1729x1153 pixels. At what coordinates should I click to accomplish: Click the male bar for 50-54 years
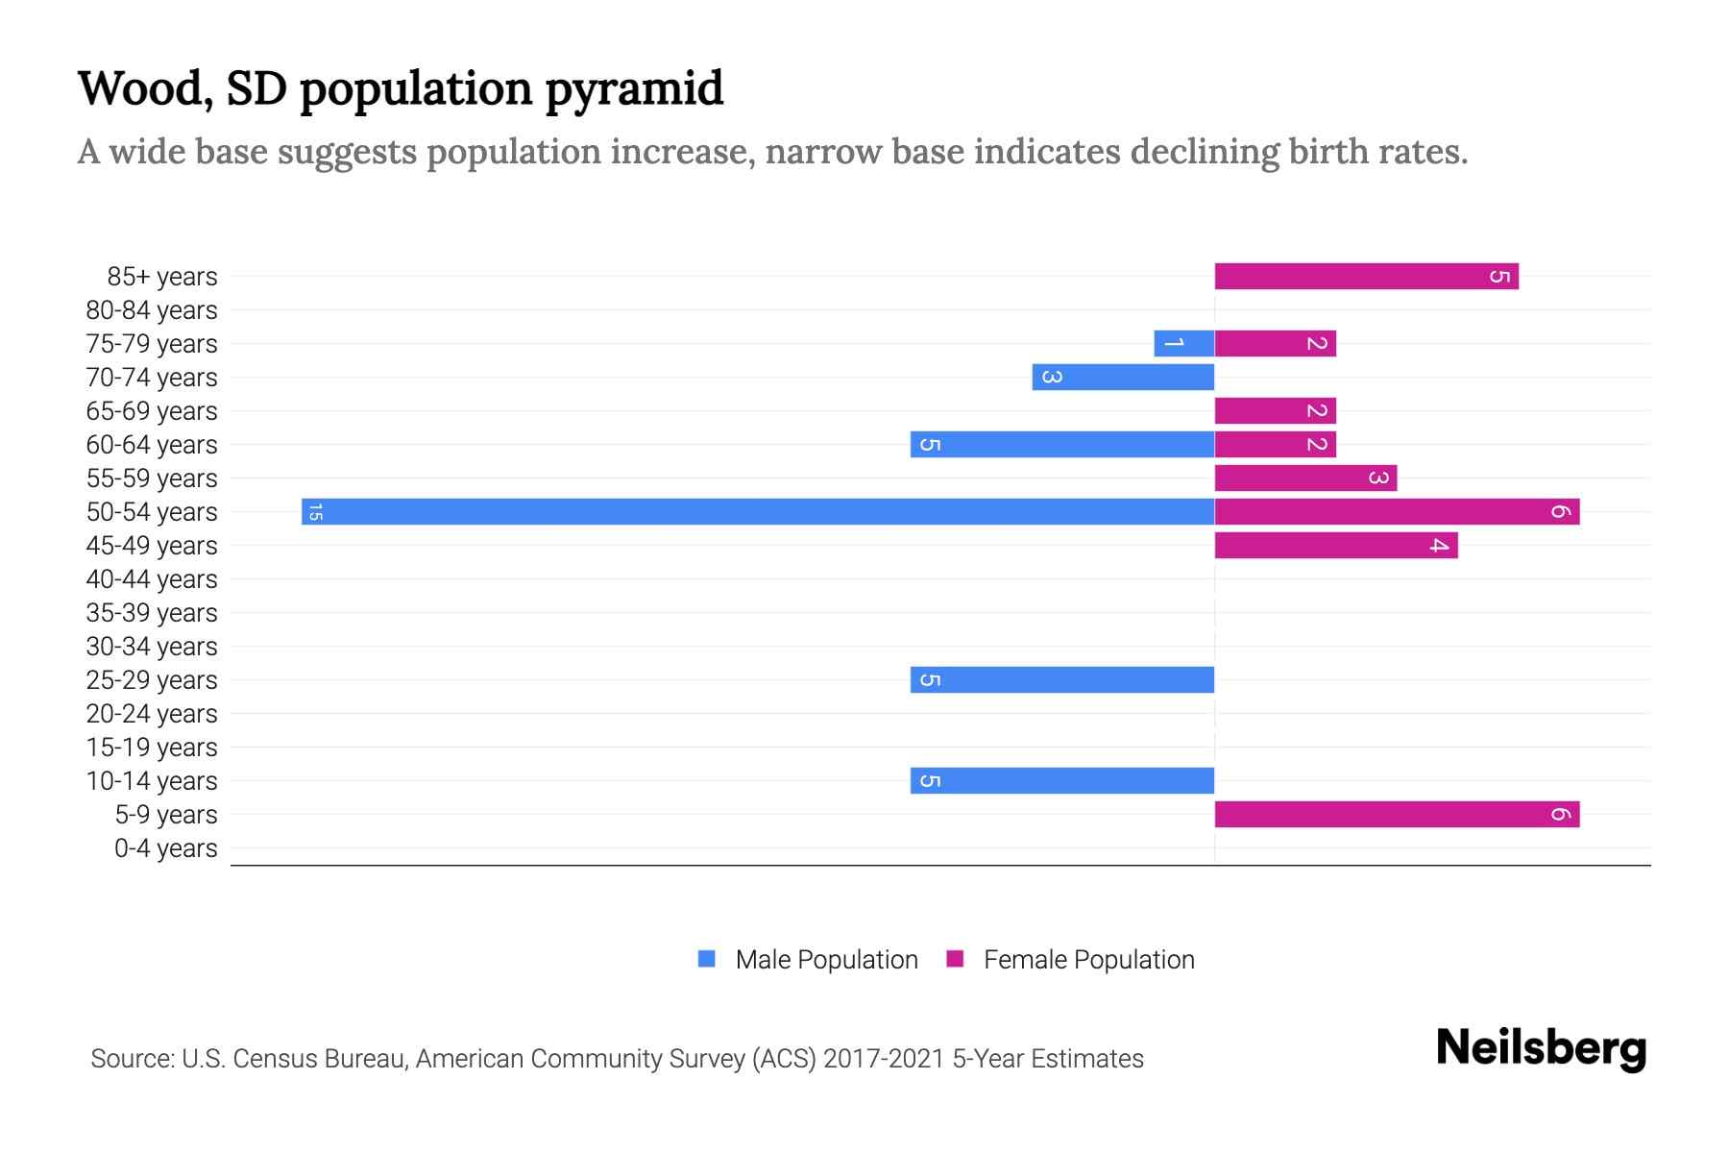point(759,511)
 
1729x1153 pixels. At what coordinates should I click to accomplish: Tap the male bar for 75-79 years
point(1183,343)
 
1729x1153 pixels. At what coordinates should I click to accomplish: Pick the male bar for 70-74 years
point(1123,377)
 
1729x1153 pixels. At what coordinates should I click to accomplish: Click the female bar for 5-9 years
point(1396,814)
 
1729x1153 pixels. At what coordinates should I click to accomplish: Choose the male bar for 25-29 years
point(1062,679)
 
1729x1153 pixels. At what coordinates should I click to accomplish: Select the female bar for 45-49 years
point(1335,545)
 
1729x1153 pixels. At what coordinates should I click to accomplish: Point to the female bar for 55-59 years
point(1304,478)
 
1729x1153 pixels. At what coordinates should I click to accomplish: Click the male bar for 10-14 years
point(1062,780)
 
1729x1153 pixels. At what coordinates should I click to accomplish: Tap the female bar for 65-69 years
point(1275,410)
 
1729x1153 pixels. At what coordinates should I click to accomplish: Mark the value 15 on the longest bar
point(315,512)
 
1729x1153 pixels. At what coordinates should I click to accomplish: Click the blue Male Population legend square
point(707,959)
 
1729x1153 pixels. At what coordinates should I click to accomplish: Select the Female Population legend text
point(1088,959)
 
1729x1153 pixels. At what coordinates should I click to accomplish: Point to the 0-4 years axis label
point(165,848)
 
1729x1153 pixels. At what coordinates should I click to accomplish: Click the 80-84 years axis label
point(152,310)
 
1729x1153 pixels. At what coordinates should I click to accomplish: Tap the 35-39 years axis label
point(152,613)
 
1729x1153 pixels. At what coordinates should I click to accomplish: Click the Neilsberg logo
point(1541,1048)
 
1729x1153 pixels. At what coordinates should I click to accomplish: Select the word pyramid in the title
point(634,89)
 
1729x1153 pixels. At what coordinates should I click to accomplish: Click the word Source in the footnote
point(131,1059)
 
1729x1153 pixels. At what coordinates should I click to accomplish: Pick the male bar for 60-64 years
point(1062,444)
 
